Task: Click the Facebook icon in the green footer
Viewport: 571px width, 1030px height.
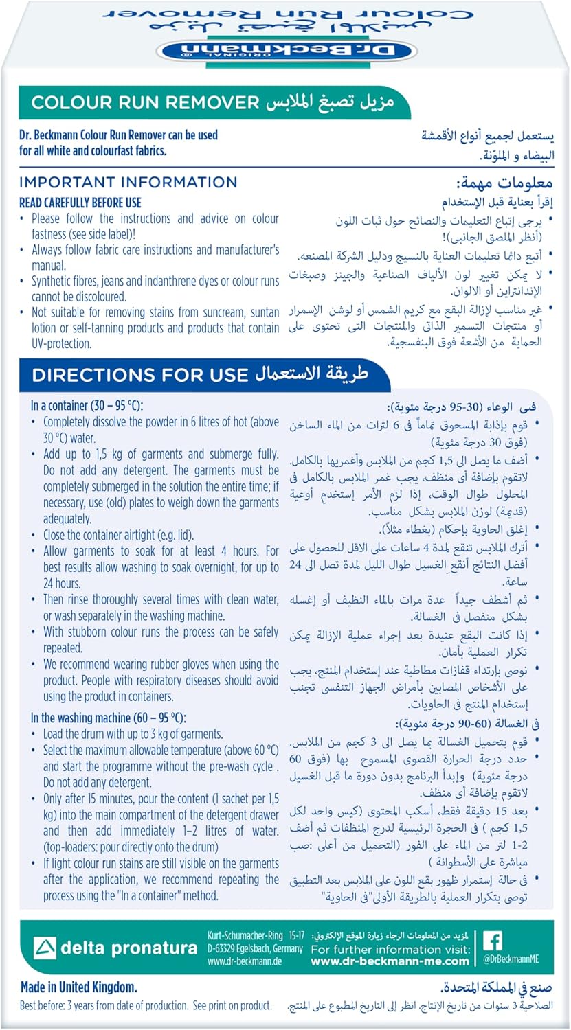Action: click(x=493, y=940)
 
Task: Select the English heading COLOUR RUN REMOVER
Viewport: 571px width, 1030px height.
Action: click(x=145, y=103)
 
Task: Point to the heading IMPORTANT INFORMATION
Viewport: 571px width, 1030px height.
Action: click(x=128, y=182)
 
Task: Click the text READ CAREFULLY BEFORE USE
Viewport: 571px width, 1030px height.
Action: click(x=80, y=203)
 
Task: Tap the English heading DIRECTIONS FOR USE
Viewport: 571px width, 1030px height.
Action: click(x=139, y=375)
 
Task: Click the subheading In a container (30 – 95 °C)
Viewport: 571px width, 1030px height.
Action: click(x=87, y=406)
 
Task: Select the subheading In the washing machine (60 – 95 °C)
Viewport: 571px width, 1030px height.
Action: click(x=108, y=718)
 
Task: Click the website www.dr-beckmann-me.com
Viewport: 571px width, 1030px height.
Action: click(x=390, y=961)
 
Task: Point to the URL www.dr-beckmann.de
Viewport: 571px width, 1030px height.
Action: click(x=244, y=961)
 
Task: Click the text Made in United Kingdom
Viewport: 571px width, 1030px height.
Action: click(x=78, y=987)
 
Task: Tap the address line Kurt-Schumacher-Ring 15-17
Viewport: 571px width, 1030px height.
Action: click(x=254, y=935)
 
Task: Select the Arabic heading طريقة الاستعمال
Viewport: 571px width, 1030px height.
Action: click(x=312, y=375)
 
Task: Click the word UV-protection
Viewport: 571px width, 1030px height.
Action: click(x=61, y=344)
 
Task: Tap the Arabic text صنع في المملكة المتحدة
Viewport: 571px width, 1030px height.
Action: click(x=496, y=988)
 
